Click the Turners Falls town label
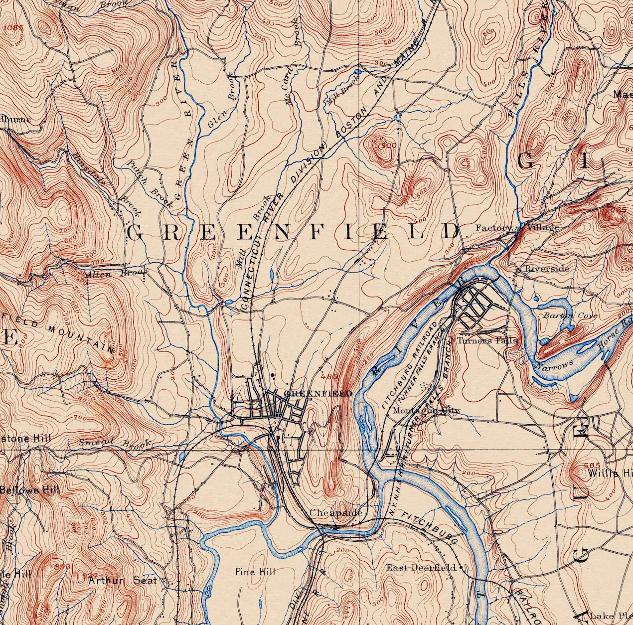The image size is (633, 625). coord(488,340)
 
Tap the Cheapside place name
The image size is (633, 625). coord(335,513)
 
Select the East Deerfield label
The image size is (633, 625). coord(421,568)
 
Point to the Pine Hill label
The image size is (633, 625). coord(255,572)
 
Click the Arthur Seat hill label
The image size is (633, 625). coord(123,580)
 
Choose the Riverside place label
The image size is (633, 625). coord(547,269)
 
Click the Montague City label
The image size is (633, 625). coord(426,411)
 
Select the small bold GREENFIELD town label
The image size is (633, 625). coord(317,394)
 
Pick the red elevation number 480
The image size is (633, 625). coord(329,377)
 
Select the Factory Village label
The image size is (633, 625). coord(516,228)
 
